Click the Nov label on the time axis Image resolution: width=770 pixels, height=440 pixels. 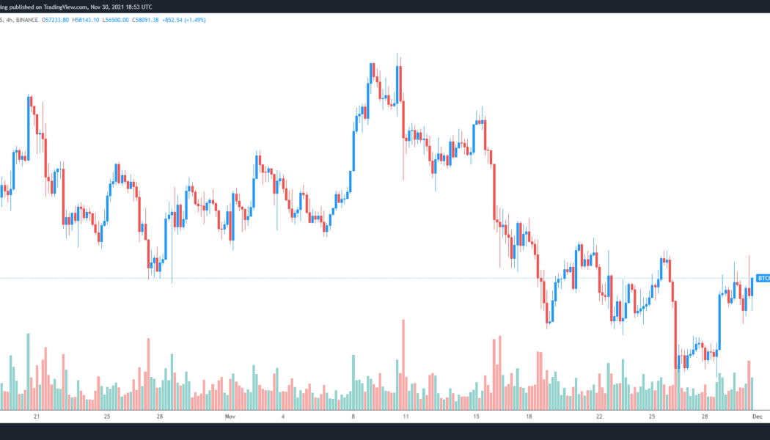230,417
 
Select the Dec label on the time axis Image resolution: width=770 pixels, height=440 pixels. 759,417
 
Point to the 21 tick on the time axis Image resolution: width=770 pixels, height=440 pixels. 37,417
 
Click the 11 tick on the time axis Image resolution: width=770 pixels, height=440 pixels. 404,417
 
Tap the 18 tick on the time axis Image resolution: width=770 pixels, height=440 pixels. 529,417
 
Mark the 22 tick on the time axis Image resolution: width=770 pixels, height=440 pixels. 599,417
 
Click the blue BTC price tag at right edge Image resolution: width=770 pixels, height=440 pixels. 763,279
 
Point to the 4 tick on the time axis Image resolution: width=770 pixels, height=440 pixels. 282,417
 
